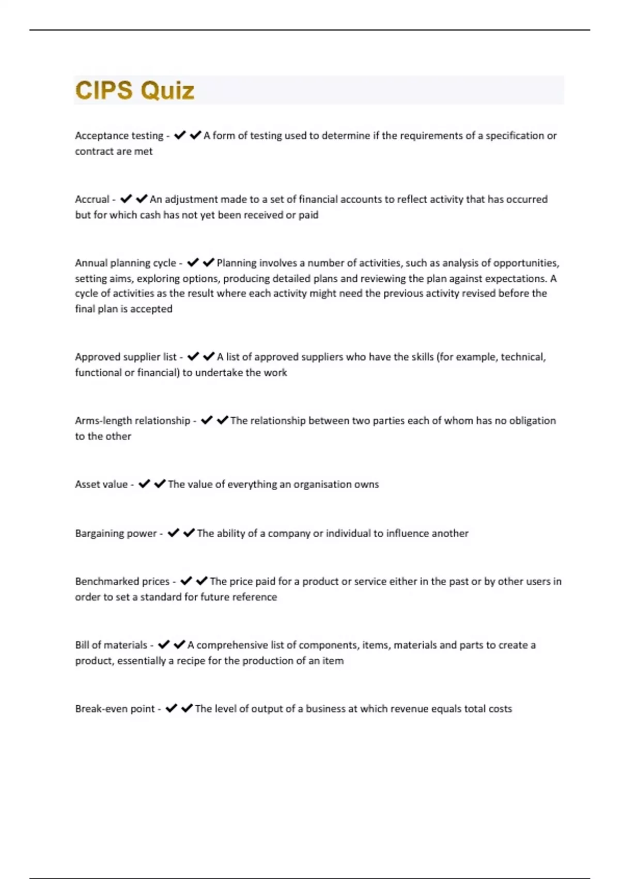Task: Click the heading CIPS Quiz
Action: coord(135,90)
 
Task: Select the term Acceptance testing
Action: coord(119,136)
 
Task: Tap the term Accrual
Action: coord(92,200)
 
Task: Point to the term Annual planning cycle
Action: coord(126,263)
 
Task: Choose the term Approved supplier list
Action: coord(126,357)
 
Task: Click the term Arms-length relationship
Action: coord(132,421)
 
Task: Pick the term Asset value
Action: coord(101,484)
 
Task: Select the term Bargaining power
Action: coord(116,534)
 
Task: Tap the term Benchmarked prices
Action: coord(122,582)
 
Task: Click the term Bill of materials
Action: coord(111,645)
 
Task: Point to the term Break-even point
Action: coord(115,709)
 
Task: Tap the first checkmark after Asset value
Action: coord(144,484)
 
